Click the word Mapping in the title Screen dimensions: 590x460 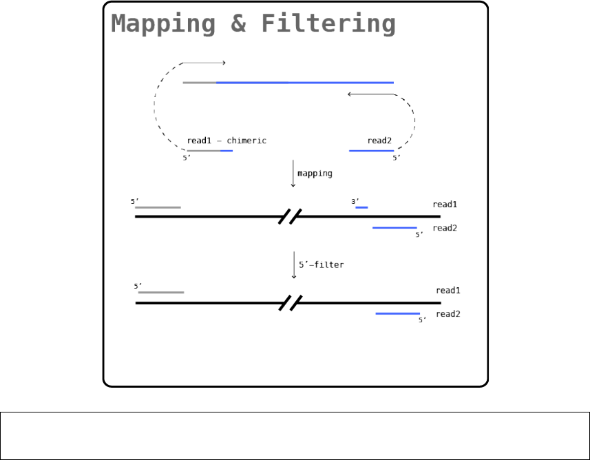[x=163, y=24]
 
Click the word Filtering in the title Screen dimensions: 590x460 [x=328, y=24]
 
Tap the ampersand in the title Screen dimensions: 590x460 [x=238, y=24]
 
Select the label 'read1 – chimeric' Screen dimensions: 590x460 [x=226, y=140]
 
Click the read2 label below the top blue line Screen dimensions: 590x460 [x=379, y=140]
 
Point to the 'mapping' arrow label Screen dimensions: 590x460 [x=315, y=174]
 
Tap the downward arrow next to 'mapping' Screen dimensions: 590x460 [x=294, y=173]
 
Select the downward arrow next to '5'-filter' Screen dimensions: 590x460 [x=294, y=264]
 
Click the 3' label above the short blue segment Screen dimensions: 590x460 [x=355, y=201]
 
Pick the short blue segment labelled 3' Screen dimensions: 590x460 [x=361, y=207]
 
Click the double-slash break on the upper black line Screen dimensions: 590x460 [x=291, y=217]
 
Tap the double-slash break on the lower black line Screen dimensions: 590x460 [x=291, y=303]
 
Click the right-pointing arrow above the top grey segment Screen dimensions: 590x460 [x=204, y=63]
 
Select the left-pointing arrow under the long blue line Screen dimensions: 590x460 [x=370, y=94]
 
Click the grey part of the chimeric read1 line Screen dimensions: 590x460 [x=203, y=150]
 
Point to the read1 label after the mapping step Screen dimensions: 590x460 [x=445, y=205]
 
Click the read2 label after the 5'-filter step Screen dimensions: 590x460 [x=447, y=314]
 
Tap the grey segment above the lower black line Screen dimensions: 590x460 [x=161, y=293]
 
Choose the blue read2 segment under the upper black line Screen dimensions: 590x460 [x=394, y=227]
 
